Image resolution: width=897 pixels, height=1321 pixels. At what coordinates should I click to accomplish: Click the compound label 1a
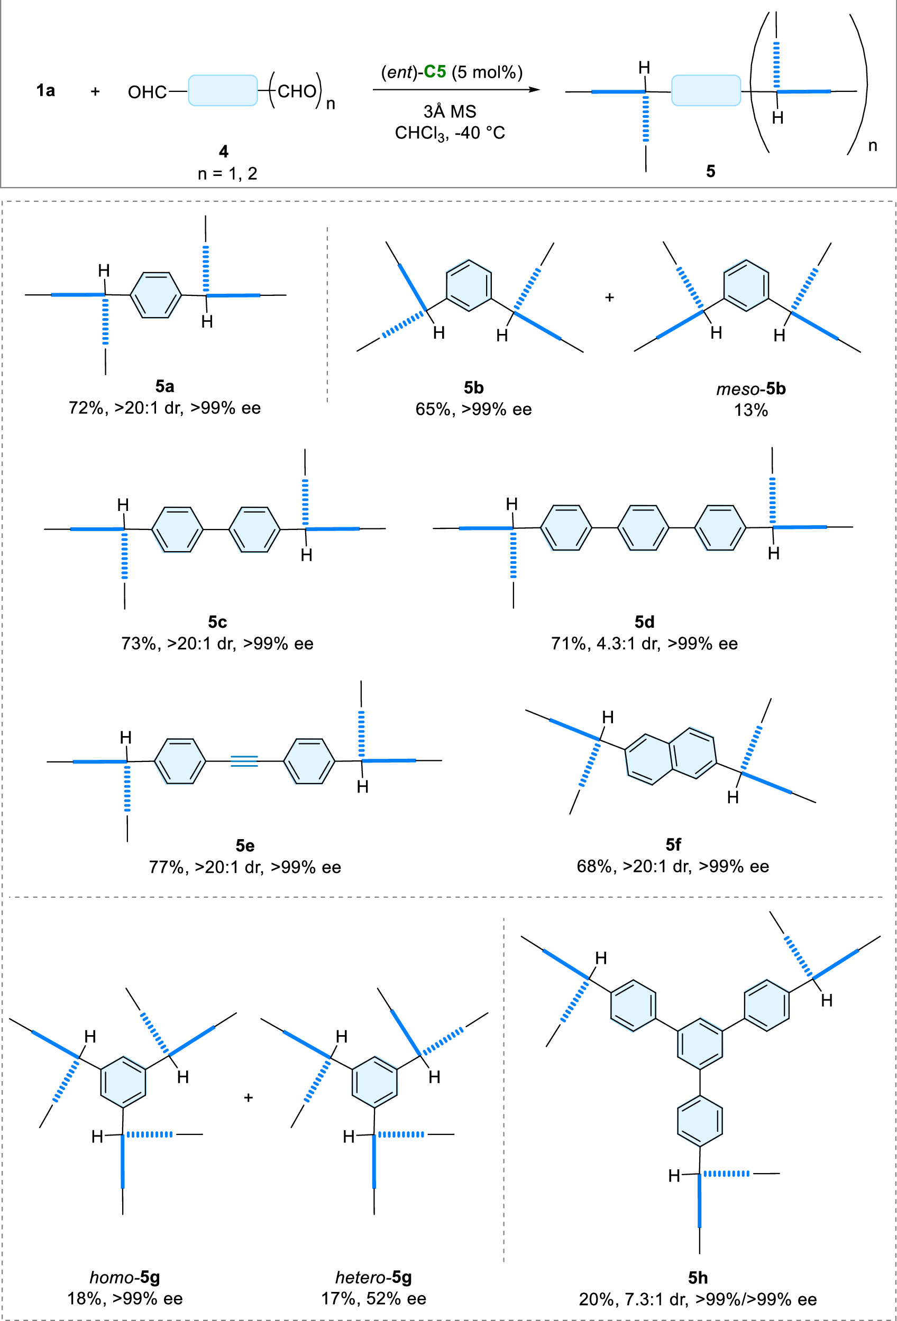coord(45,90)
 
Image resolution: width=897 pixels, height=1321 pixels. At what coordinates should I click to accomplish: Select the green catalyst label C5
coord(435,72)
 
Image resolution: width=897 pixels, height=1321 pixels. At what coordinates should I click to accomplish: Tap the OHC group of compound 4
coord(147,92)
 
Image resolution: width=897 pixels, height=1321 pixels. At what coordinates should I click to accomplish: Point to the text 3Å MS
coord(450,111)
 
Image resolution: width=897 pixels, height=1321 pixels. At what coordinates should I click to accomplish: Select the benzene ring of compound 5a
coord(155,295)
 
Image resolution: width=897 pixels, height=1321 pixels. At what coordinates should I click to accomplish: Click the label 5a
coord(164,386)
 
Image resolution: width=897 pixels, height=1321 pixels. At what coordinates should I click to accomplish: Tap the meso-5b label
coord(751,389)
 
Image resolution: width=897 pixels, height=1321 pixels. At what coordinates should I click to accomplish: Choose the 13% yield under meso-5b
coord(751,410)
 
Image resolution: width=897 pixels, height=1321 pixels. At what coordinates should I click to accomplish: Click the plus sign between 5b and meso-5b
coord(610,297)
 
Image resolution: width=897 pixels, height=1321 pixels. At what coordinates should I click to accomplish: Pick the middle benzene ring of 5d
coord(643,528)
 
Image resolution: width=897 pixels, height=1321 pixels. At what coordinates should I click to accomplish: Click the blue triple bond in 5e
coord(244,761)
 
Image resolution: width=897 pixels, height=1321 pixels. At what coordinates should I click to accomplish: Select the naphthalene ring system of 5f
coord(670,756)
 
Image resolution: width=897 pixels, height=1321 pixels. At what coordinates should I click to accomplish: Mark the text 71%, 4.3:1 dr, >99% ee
coord(644,644)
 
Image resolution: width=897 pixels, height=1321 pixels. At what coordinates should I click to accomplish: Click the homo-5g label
coord(125,1277)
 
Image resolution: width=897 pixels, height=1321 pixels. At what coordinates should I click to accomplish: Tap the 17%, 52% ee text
coord(374,1299)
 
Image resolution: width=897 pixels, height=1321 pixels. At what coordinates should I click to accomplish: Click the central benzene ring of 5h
coord(700,1043)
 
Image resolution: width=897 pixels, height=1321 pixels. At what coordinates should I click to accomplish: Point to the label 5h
coord(698,1278)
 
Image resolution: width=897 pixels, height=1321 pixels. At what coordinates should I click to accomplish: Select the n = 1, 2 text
coord(227,173)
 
